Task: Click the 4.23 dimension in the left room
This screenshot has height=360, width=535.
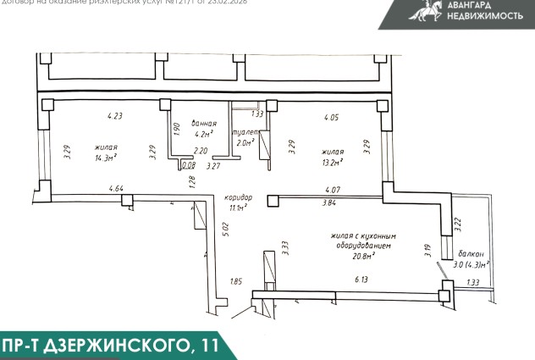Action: [114, 116]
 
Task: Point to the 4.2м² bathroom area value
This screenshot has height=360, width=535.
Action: [202, 133]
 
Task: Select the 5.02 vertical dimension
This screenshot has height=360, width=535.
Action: [225, 229]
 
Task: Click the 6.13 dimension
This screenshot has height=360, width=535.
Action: [361, 279]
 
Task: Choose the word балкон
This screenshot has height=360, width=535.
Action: [472, 253]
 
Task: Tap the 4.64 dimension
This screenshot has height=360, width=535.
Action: [116, 188]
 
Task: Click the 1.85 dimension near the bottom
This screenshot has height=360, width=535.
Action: [236, 281]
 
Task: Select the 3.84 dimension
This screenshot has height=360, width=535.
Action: [329, 203]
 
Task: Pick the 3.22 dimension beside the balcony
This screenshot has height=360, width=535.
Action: [458, 224]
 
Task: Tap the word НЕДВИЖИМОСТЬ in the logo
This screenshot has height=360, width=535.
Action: [485, 15]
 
